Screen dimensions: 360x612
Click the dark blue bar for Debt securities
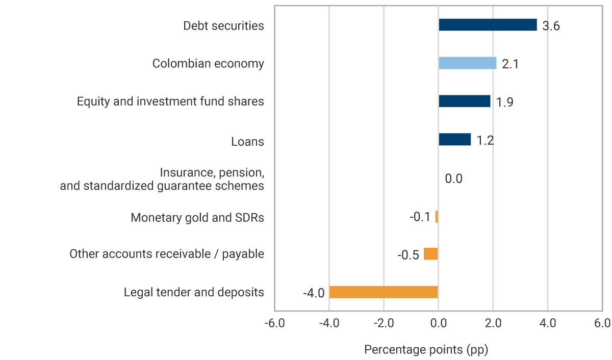[x=488, y=25]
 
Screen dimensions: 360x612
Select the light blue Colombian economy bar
[x=467, y=63]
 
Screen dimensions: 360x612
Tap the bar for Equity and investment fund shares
[x=464, y=101]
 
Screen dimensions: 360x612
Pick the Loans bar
[x=454, y=139]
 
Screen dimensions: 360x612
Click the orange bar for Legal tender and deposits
[x=384, y=292]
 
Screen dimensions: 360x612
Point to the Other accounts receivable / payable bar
[x=431, y=254]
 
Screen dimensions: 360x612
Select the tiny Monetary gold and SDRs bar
[x=437, y=217]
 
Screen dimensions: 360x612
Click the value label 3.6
[x=551, y=26]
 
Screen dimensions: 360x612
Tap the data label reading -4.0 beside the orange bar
[x=314, y=293]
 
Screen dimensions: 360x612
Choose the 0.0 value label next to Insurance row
[x=453, y=179]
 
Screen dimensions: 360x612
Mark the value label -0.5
[x=408, y=255]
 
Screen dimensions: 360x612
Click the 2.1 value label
[x=510, y=64]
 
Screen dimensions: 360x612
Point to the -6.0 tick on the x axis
[x=274, y=323]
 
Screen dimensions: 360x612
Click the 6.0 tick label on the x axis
[x=602, y=323]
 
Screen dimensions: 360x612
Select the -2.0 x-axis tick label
[x=384, y=323]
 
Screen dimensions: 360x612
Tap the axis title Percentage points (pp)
[x=426, y=350]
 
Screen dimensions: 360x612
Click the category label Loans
[x=247, y=141]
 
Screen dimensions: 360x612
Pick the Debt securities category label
[x=223, y=25]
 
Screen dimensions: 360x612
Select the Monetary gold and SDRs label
[x=197, y=218]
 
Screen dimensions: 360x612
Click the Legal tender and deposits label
[x=194, y=292]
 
